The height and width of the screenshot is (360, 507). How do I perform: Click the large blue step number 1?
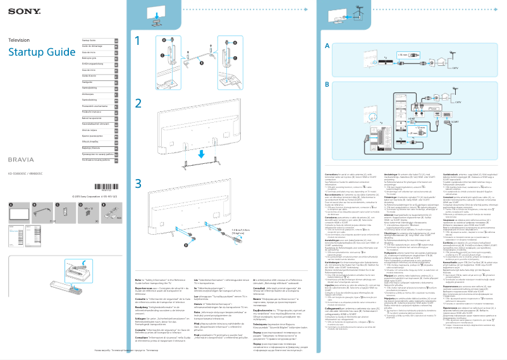pyautogui.click(x=138, y=41)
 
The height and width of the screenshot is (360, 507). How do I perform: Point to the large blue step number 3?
pyautogui.click(x=138, y=183)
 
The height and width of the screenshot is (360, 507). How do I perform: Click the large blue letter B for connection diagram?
pyautogui.click(x=326, y=84)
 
